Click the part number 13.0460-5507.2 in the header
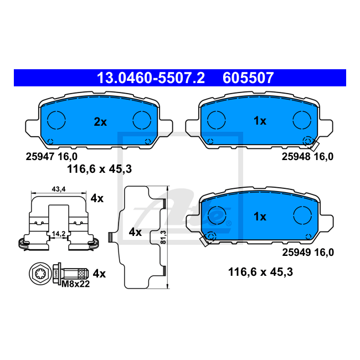(151, 78)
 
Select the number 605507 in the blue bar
(248, 78)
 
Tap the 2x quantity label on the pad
(100, 122)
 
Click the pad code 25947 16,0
(52, 157)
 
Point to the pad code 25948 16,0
(307, 157)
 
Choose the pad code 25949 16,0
(308, 253)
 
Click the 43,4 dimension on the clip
(59, 189)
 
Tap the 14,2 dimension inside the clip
(59, 234)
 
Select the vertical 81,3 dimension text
(163, 237)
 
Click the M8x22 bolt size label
(75, 284)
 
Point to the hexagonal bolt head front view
(39, 273)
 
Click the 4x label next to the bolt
(99, 274)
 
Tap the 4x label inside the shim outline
(135, 233)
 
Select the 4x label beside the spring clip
(97, 198)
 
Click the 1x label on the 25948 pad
(260, 121)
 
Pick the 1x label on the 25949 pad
(260, 217)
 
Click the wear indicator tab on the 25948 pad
(314, 145)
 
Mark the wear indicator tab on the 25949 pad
(204, 240)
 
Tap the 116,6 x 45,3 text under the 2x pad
(99, 169)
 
